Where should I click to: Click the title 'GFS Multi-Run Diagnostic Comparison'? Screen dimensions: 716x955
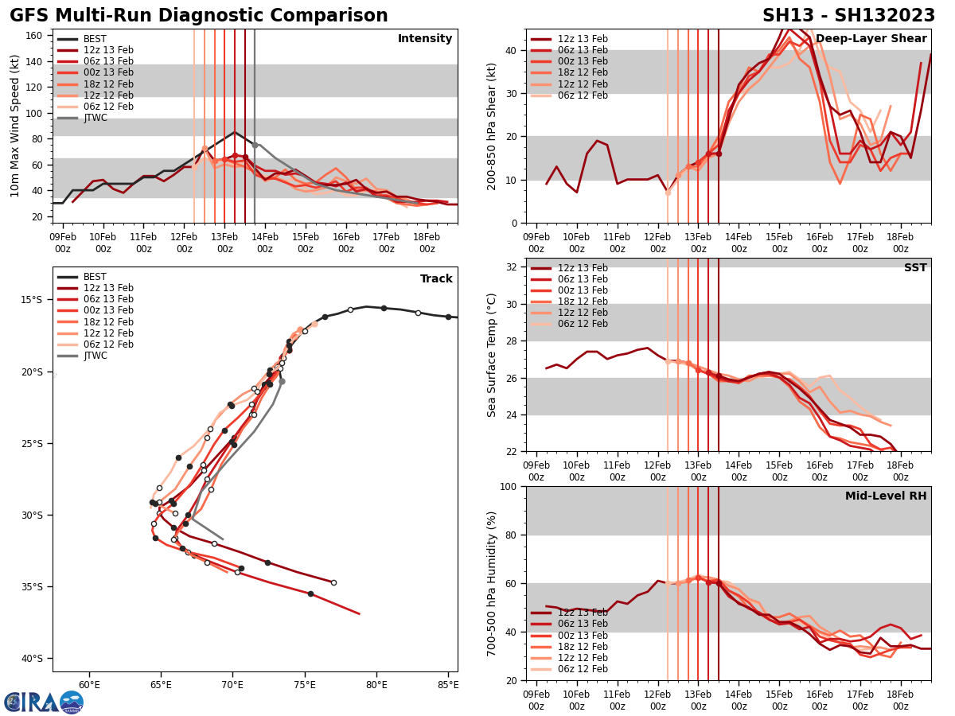pos(199,16)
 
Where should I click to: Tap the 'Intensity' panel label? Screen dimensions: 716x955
pos(425,39)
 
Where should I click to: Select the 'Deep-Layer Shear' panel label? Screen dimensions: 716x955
pos(871,39)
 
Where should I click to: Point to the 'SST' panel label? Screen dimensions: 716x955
pos(915,268)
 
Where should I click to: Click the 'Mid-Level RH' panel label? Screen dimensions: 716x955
pos(886,496)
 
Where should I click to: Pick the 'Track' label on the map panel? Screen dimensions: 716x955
pos(436,279)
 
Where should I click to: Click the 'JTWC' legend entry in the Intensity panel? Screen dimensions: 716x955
pos(95,118)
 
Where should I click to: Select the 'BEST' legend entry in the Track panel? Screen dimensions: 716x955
pos(95,277)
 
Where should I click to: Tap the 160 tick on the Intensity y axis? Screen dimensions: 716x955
pos(35,35)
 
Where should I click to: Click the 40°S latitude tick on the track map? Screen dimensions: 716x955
pos(32,659)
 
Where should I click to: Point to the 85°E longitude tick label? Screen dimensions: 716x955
pos(447,684)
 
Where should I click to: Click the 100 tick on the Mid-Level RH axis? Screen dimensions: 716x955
pos(509,487)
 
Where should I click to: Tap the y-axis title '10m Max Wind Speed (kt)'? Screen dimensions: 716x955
pos(15,126)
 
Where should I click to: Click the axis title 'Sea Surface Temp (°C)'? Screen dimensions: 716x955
pos(492,355)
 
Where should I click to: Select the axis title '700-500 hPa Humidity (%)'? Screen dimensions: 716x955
pos(492,583)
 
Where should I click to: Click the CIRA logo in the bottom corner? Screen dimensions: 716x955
pos(44,702)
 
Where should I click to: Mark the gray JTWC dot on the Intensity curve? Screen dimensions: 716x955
pos(255,145)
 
